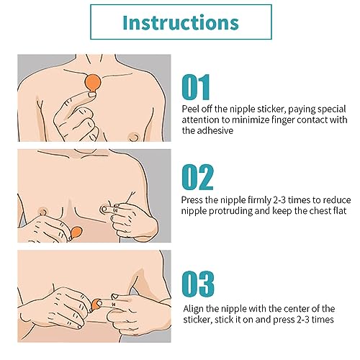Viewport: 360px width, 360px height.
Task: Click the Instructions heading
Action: pyautogui.click(x=181, y=22)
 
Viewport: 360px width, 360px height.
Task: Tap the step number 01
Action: pyautogui.click(x=196, y=87)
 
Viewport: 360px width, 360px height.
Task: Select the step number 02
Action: pyautogui.click(x=197, y=177)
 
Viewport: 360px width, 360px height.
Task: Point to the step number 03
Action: pyautogui.click(x=198, y=284)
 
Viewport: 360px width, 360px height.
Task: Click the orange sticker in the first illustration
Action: pyautogui.click(x=93, y=83)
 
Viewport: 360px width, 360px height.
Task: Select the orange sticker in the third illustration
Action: pyautogui.click(x=96, y=304)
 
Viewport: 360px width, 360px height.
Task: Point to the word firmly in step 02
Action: pyautogui.click(x=259, y=200)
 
